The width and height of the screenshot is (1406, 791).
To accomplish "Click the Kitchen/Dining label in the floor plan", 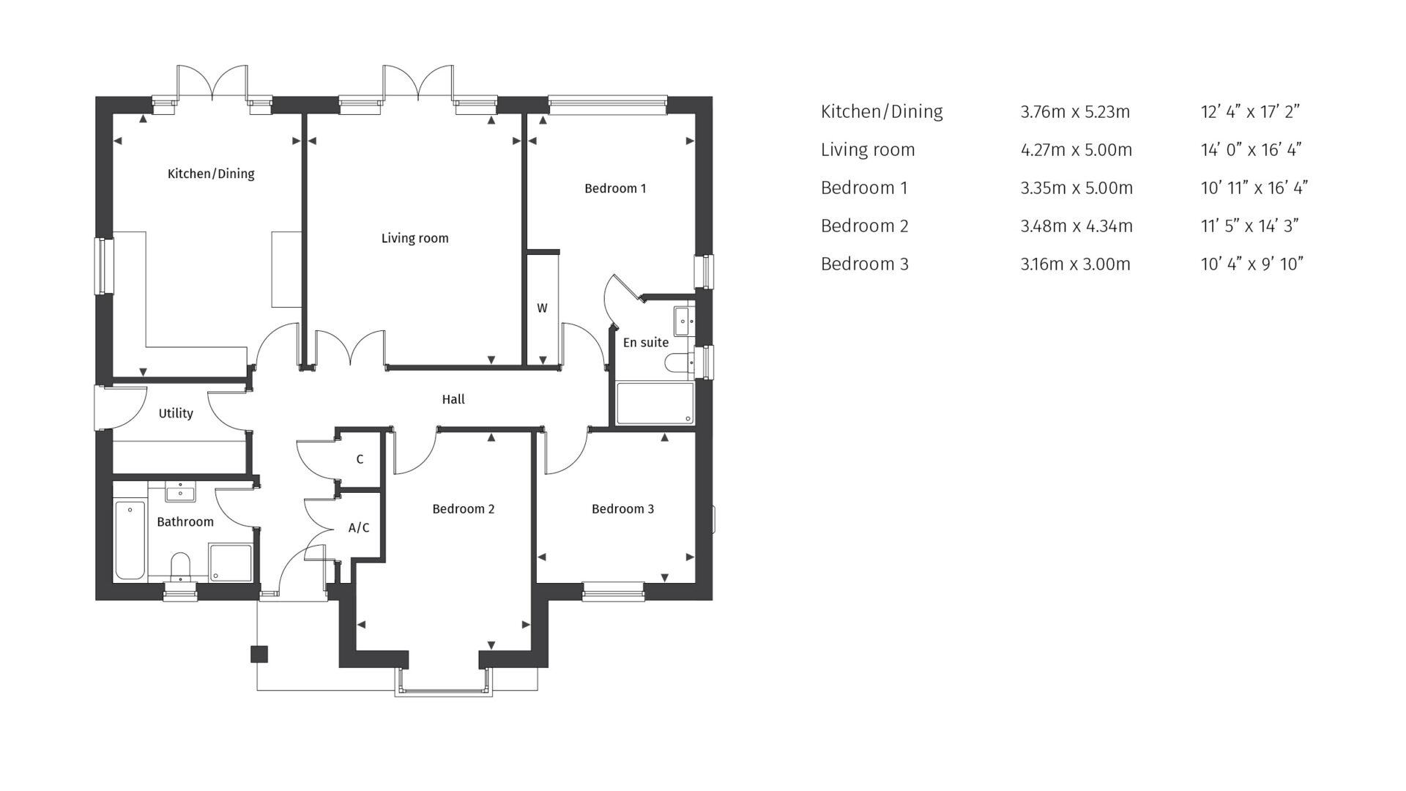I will point(211,174).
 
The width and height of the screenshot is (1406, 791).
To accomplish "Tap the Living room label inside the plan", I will point(414,238).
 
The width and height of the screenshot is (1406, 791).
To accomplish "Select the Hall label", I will point(453,399).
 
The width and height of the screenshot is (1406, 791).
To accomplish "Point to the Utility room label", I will point(176,413).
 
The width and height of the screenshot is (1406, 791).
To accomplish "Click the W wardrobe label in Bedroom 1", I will point(542,308).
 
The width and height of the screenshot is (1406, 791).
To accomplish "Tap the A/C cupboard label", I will point(359,527).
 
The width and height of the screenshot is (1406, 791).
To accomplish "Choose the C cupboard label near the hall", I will point(360,459).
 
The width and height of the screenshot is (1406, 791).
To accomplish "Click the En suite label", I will point(645,342).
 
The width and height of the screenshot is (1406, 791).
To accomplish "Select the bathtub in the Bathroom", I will point(130,541).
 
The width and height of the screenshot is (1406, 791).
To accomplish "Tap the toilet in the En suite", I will point(679,362).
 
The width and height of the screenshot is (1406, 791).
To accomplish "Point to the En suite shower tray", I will point(655,403).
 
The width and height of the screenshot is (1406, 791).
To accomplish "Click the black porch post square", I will point(259,654).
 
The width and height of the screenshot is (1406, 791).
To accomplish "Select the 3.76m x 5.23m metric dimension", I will point(1074,112).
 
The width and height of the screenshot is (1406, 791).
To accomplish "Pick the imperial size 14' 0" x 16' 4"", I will point(1251,150).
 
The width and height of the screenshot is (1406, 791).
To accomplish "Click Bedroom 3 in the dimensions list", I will point(864,264).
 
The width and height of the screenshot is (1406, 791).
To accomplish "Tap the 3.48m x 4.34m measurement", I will point(1076,226).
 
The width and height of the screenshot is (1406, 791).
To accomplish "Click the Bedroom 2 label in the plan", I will point(463,509).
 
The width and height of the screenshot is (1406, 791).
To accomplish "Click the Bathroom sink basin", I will point(180,493).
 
